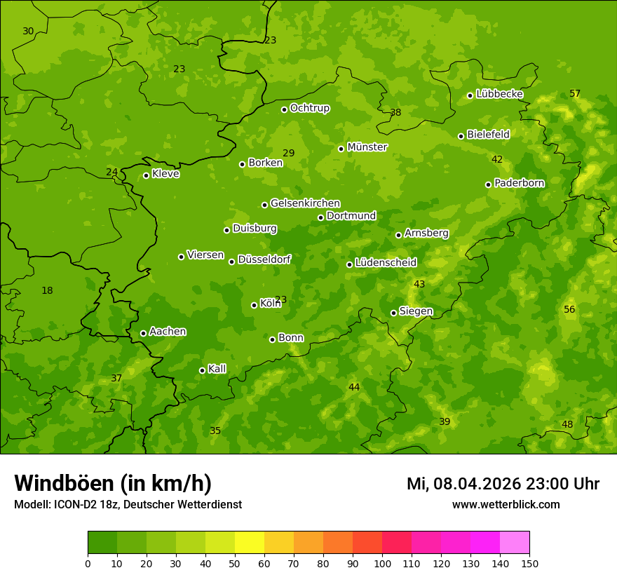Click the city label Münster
coord(367,147)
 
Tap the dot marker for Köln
coord(254,305)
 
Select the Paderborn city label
coord(519,183)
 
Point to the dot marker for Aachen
coord(143,333)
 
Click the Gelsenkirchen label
coord(305,203)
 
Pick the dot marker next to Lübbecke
coord(470,95)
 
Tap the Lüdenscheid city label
coord(386,263)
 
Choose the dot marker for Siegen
coord(393,313)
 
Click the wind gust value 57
coord(575,93)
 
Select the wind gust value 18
coord(47,290)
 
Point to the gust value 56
coord(569,309)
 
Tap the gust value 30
coord(28,31)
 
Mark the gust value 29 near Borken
coord(289,153)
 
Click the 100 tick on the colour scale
coord(382,563)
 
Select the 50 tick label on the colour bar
coord(235,563)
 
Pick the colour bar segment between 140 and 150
coord(515,543)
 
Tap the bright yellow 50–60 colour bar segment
coord(250,543)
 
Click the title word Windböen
coord(64,483)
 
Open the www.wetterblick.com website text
coord(506,504)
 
